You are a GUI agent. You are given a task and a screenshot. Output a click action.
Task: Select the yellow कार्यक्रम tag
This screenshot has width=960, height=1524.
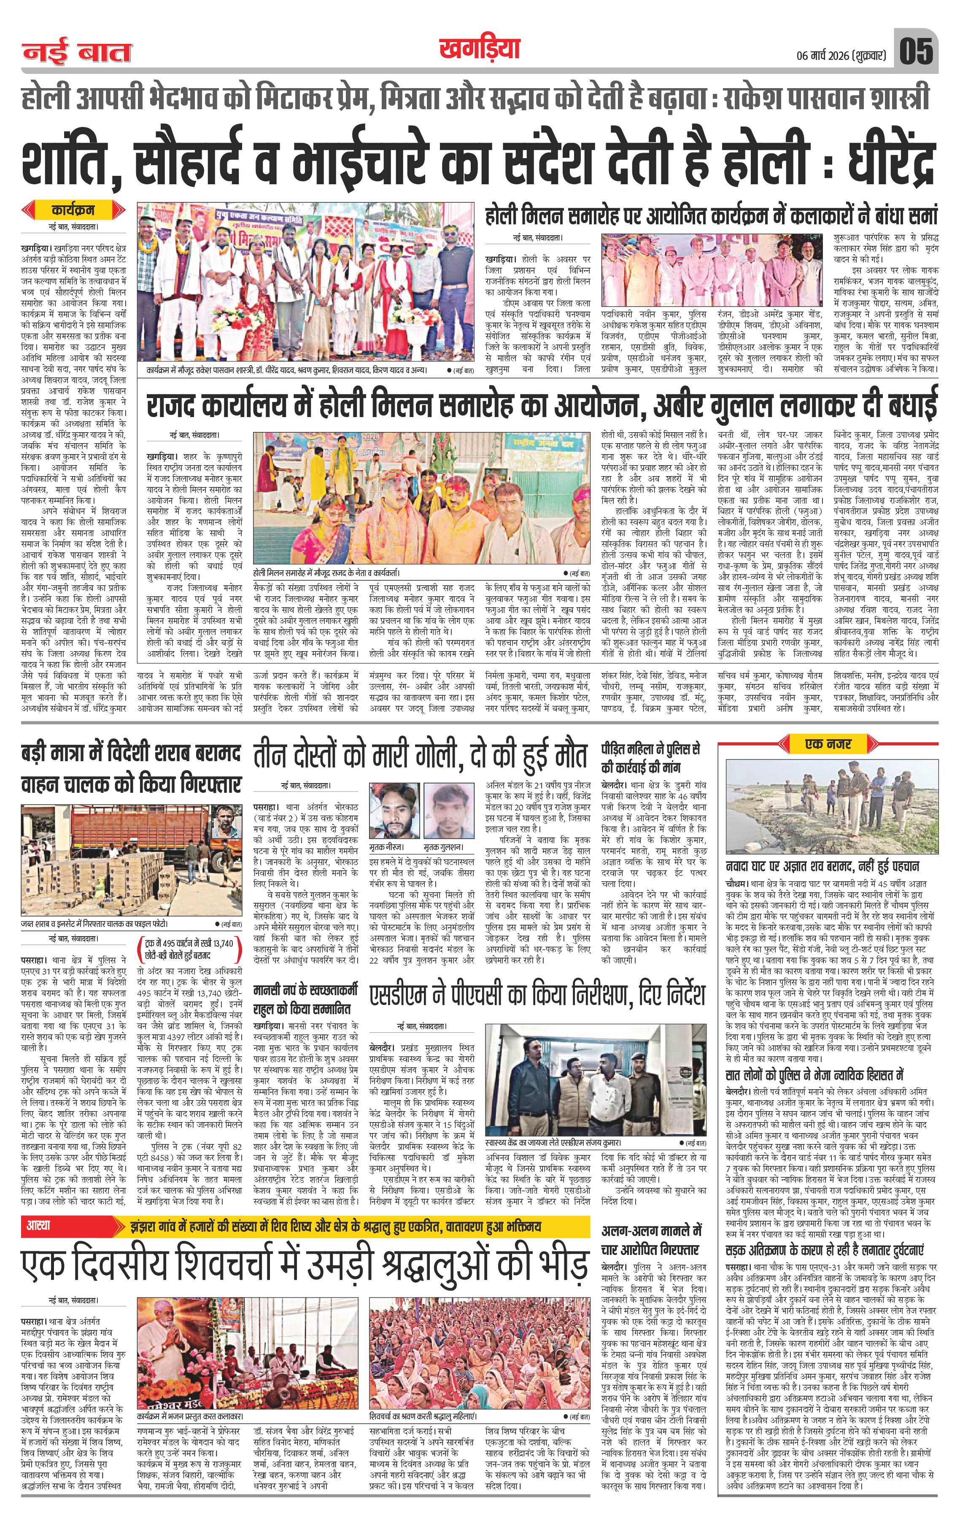click(72, 209)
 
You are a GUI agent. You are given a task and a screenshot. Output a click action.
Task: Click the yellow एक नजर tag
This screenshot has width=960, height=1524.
click(828, 744)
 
